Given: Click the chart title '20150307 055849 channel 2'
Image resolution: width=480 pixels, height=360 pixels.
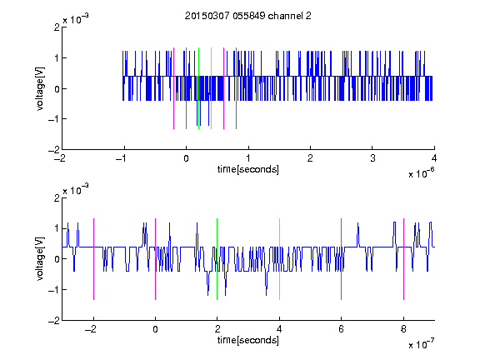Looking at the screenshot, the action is coord(248,16).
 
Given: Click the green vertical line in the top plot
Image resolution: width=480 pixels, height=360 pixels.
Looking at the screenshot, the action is coord(198,88).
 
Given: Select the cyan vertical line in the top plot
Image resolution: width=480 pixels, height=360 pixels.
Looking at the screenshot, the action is coord(211,88).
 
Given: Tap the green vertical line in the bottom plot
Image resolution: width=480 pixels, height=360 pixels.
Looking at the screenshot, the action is coord(217,259).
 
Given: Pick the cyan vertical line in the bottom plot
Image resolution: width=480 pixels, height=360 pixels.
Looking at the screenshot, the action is coord(279,259).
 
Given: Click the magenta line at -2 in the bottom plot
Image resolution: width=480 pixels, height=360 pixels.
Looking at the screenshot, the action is coord(93,259).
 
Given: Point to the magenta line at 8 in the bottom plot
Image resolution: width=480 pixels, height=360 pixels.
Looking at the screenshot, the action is coord(404,259).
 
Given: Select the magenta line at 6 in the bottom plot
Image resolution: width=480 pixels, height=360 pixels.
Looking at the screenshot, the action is coord(342,259).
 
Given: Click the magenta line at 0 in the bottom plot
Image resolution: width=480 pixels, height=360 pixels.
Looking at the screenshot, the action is coord(156,259).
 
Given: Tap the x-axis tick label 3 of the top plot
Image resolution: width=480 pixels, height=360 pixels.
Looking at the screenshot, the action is coord(372,158).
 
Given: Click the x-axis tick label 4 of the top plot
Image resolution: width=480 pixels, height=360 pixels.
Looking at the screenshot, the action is coord(434,158).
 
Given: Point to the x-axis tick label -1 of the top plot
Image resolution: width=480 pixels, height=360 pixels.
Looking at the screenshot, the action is coord(122,158).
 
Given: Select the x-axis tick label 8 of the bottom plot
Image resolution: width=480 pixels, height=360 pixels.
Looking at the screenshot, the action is coord(403,329).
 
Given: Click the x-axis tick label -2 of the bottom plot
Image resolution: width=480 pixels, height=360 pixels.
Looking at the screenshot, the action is coord(91,329).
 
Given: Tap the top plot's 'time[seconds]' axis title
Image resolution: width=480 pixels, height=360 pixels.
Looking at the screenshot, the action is coord(248,169).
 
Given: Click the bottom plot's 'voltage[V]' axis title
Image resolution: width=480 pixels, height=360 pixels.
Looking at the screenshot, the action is coord(40,259).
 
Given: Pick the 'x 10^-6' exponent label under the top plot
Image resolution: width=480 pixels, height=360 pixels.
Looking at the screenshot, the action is coord(421,173).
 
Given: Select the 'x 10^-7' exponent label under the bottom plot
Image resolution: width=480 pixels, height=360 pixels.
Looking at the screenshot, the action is coord(421,344).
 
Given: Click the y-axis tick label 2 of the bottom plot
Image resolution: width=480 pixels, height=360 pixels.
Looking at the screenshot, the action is coord(57,198).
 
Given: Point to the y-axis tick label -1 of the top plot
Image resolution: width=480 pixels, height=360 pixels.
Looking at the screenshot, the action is coord(54,119).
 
